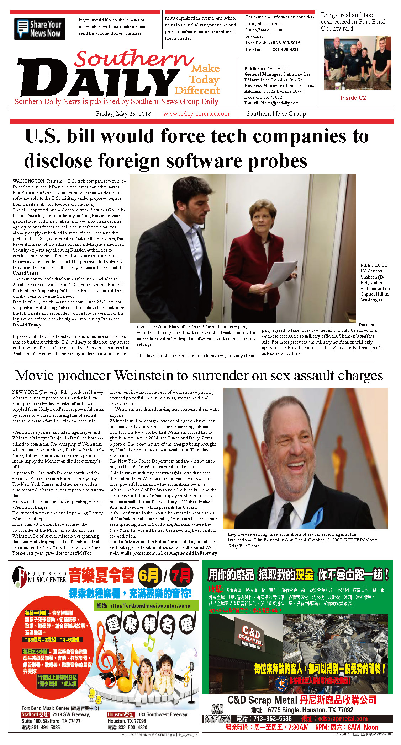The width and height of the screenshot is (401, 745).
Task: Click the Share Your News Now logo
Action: point(39,29)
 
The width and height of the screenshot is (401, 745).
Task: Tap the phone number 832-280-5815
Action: point(286,43)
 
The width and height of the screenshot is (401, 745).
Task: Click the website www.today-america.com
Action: point(196,114)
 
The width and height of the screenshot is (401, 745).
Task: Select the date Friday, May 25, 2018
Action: point(123,114)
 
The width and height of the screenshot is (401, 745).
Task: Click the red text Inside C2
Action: point(353,98)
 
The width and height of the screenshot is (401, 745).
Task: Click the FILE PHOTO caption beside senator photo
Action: point(375,282)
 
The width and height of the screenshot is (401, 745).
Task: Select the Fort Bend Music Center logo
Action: point(39,577)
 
